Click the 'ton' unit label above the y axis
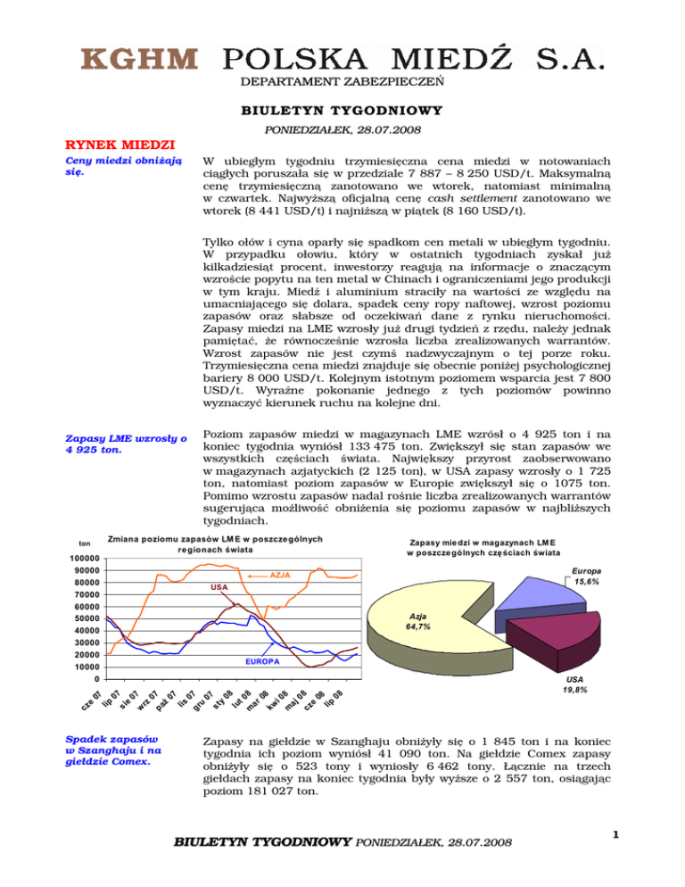[85, 543]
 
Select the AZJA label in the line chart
[281, 576]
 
